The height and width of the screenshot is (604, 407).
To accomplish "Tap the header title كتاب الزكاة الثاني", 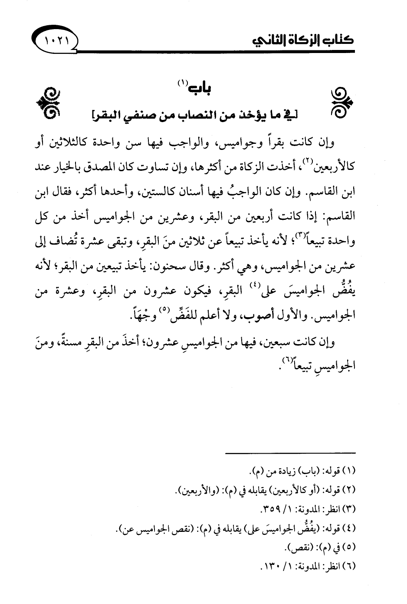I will [302, 43].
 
